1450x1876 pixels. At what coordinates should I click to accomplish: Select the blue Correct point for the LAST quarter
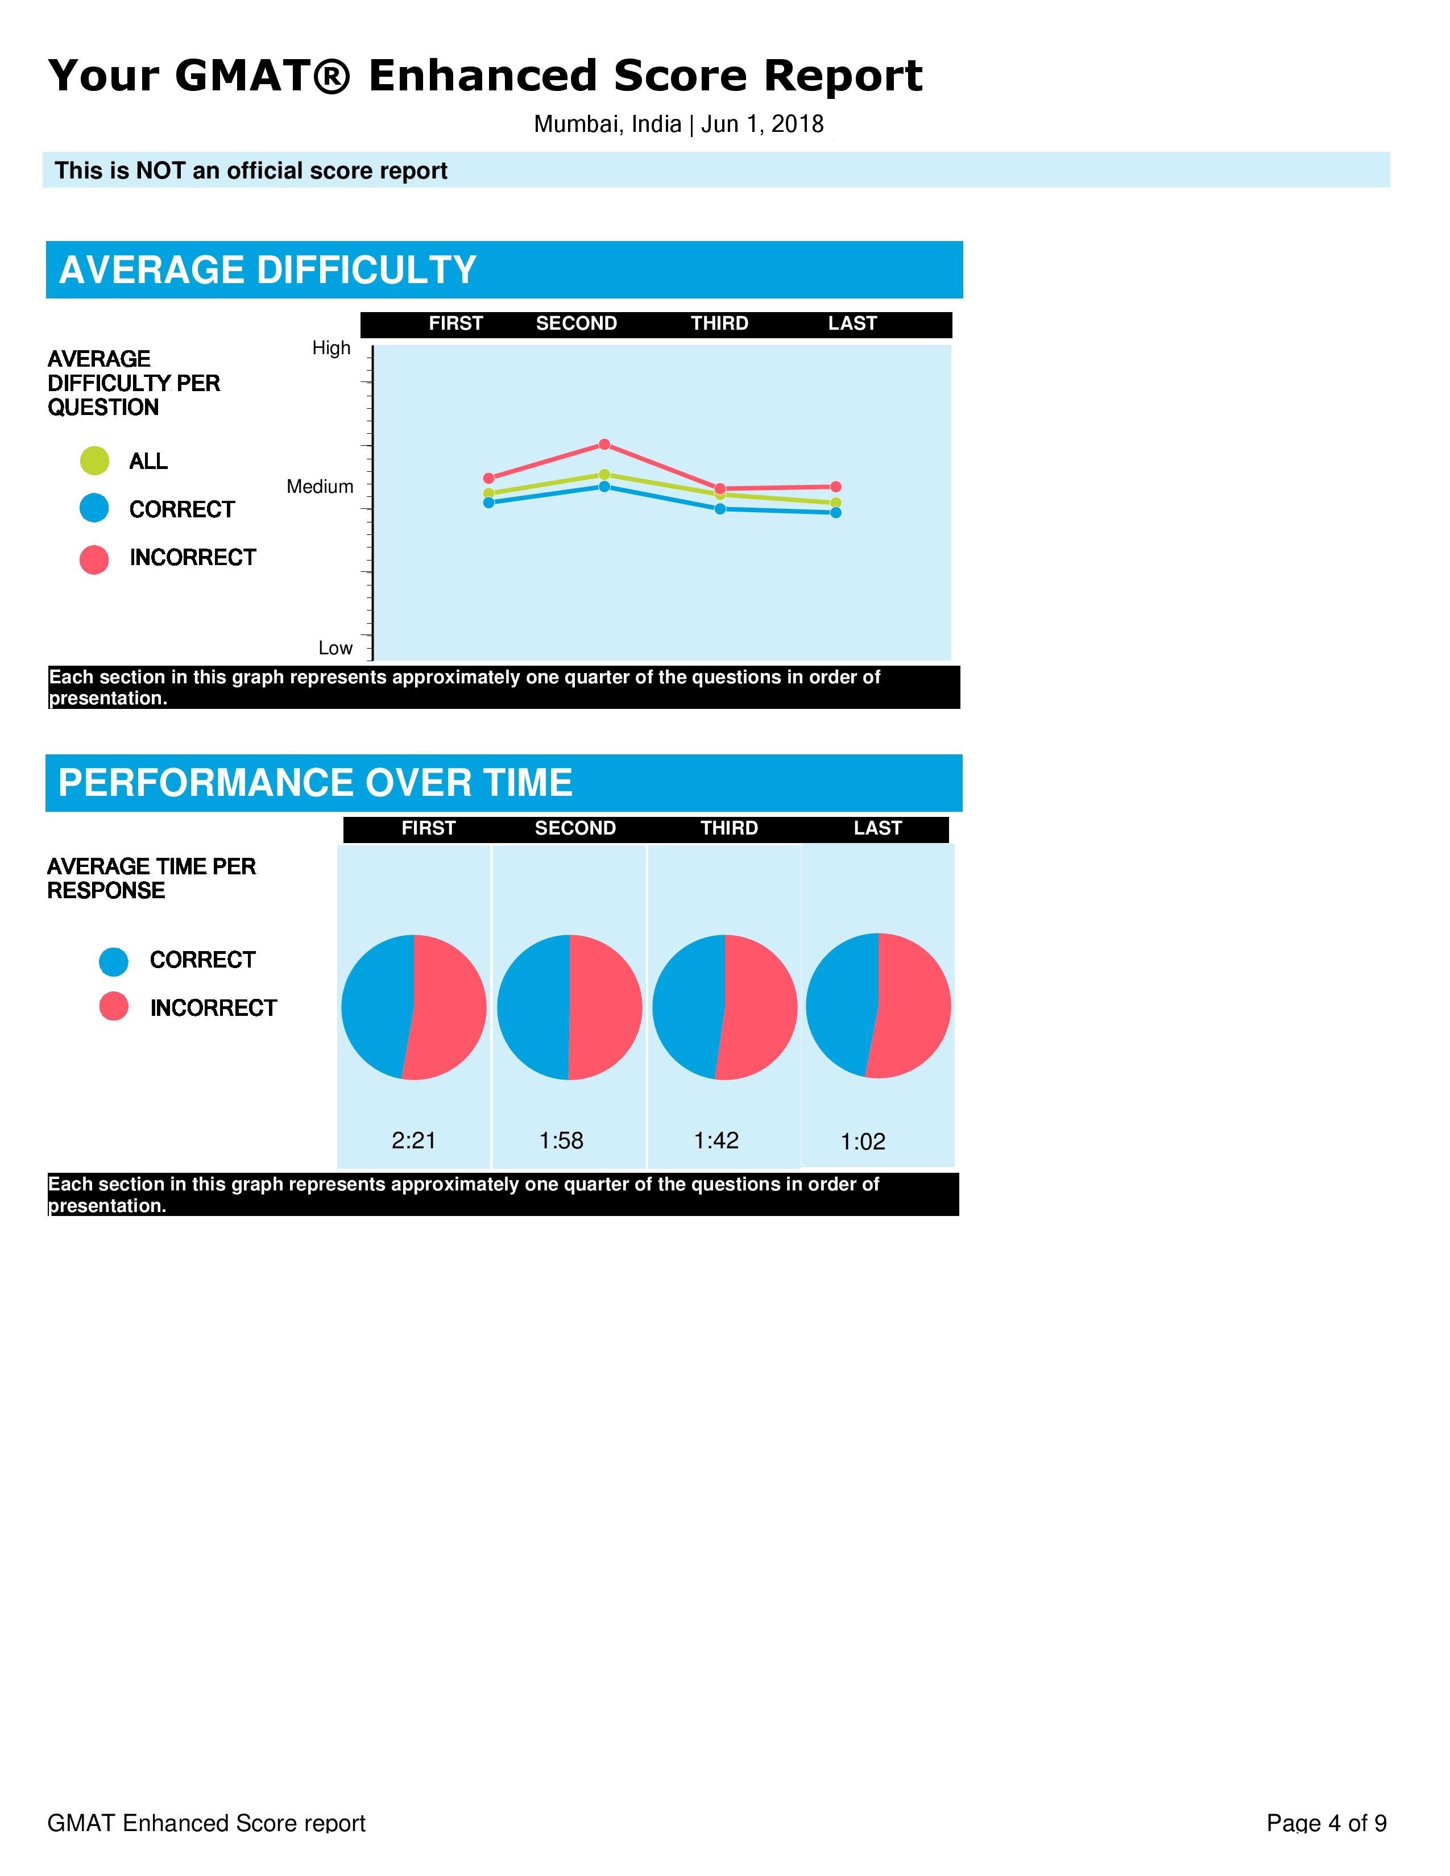[836, 513]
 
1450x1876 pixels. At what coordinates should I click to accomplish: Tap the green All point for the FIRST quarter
[489, 493]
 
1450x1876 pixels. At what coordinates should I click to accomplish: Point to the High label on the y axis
[331, 348]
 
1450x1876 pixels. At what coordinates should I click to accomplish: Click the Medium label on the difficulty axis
[320, 487]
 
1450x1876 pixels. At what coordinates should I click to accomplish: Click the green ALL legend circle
[94, 461]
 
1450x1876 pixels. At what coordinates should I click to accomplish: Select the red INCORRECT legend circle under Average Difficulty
[94, 559]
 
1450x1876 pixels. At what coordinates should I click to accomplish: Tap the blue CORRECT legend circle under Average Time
[113, 961]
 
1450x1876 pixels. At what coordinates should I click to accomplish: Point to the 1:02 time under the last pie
[863, 1142]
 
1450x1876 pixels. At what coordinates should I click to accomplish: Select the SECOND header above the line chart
[577, 324]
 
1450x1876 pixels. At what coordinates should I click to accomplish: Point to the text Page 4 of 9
[1325, 1823]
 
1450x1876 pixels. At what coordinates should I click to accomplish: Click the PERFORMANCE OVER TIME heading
[314, 783]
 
